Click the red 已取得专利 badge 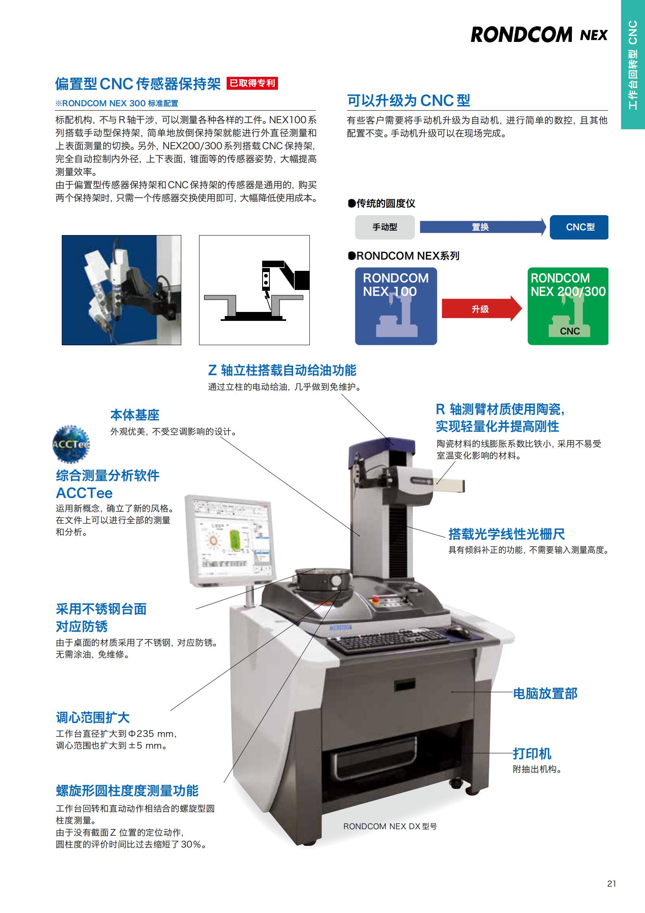pyautogui.click(x=252, y=83)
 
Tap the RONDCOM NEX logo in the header pyautogui.click(x=539, y=35)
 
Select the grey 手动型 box pyautogui.click(x=384, y=227)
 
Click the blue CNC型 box pyautogui.click(x=579, y=227)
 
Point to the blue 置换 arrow pyautogui.click(x=483, y=227)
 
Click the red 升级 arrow pyautogui.click(x=482, y=309)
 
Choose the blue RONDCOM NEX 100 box pyautogui.click(x=396, y=306)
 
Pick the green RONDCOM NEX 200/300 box pyautogui.click(x=568, y=306)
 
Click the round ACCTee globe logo pyautogui.click(x=71, y=444)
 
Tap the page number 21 pyautogui.click(x=611, y=883)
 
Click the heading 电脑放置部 pyautogui.click(x=545, y=693)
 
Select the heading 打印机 pyautogui.click(x=532, y=753)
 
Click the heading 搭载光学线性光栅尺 pyautogui.click(x=506, y=534)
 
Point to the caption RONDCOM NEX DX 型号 pyautogui.click(x=390, y=826)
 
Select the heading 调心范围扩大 pyautogui.click(x=93, y=717)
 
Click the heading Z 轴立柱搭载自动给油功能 pyautogui.click(x=282, y=370)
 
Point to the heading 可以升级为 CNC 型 pyautogui.click(x=408, y=100)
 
